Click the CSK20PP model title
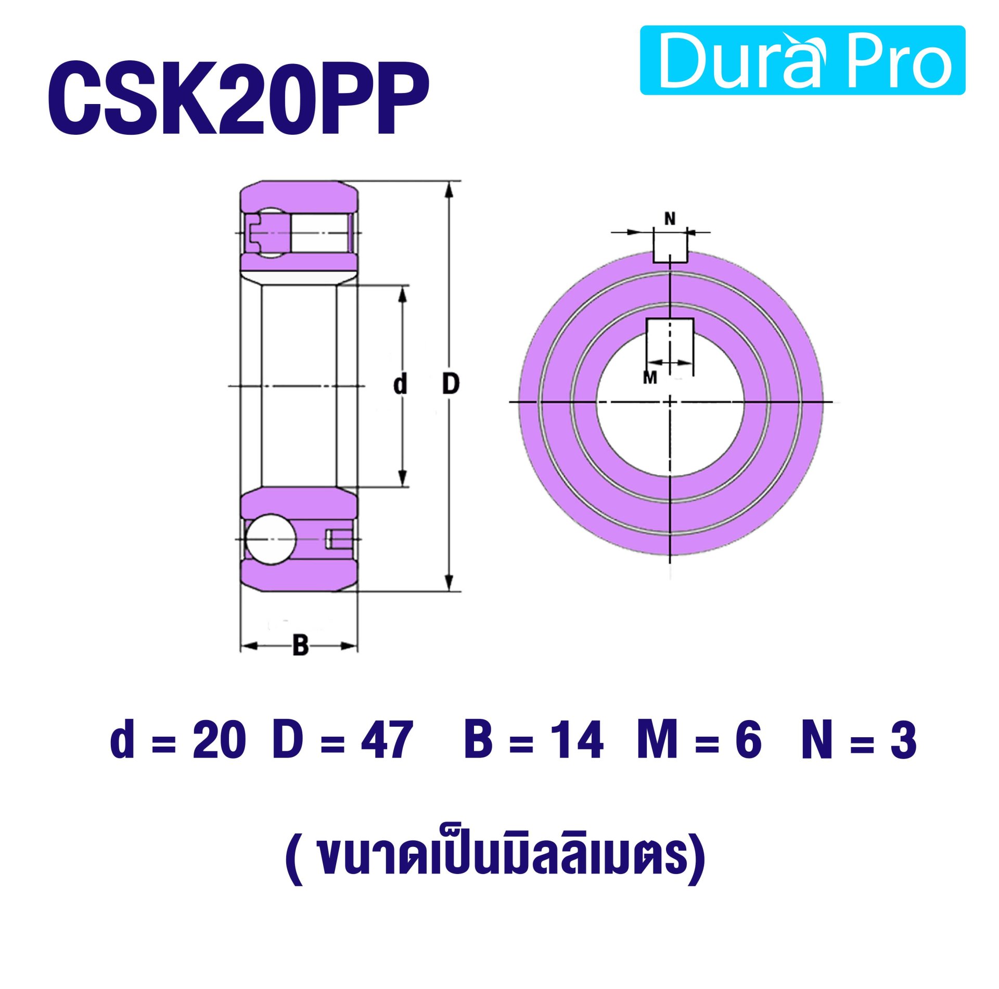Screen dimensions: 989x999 238,98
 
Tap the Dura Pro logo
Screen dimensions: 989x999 802,60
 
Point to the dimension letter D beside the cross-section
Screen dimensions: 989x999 451,384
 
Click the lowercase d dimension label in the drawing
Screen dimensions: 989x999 400,384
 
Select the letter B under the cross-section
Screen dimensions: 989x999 300,645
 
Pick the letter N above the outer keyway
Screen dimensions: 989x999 670,219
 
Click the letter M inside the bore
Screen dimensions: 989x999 650,377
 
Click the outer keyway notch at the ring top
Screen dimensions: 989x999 670,249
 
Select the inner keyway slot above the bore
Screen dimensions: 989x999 670,333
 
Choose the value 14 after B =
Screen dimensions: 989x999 578,740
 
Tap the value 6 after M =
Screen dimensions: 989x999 748,740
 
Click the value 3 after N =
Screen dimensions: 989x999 903,740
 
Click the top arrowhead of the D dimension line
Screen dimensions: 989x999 451,190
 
